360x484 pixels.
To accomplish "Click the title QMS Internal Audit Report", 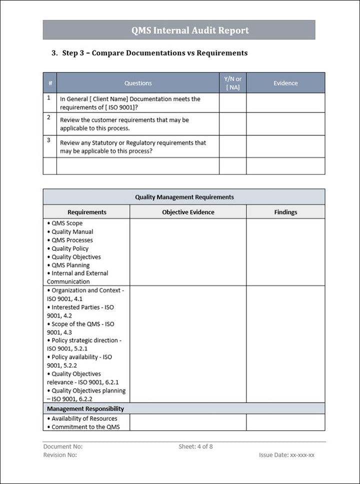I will click(x=190, y=30).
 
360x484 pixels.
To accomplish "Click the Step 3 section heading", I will click(x=149, y=53).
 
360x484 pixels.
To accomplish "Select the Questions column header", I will click(x=138, y=83).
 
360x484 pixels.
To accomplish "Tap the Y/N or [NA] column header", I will click(x=232, y=83).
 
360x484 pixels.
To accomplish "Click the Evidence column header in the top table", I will click(x=285, y=83).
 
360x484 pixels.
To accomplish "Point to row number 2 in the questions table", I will click(x=49, y=117).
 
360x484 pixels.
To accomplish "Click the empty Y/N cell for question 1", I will click(x=232, y=102).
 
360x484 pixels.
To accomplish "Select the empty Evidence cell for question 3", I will click(x=285, y=146).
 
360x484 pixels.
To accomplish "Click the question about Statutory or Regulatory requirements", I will click(x=133, y=146).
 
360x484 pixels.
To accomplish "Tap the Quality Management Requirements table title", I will click(x=184, y=197).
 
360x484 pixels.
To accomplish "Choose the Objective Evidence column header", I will click(x=188, y=212).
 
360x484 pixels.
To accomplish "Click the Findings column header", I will click(x=285, y=212).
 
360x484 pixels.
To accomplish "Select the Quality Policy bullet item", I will click(x=70, y=249).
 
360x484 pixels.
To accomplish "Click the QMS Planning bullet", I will click(x=70, y=265).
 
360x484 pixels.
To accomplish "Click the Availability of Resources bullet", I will click(x=84, y=419).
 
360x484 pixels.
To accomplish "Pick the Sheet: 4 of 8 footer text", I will click(x=195, y=447).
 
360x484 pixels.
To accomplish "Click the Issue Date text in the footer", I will click(x=286, y=455).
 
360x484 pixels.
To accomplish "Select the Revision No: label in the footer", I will click(x=60, y=455).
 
